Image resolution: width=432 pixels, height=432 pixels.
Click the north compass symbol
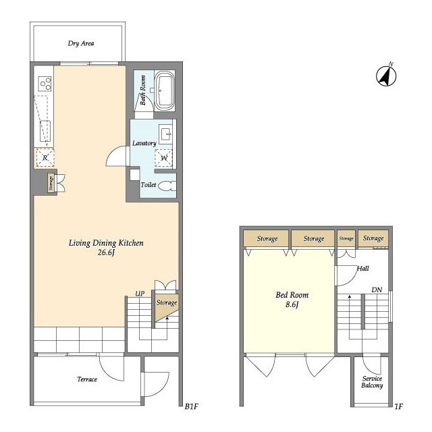(386, 76)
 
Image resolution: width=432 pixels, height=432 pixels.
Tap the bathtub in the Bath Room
(165, 91)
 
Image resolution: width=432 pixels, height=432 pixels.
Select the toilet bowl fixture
(167, 186)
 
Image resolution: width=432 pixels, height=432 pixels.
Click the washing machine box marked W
(163, 158)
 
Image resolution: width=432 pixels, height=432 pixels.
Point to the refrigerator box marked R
(45, 157)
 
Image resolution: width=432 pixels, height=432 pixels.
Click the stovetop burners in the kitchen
(45, 84)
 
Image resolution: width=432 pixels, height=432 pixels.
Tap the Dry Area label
(81, 43)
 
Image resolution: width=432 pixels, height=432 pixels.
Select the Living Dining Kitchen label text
(106, 243)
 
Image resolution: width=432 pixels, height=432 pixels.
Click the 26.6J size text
(106, 252)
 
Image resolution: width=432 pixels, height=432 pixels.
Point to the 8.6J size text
(292, 304)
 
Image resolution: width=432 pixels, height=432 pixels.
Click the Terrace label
(87, 379)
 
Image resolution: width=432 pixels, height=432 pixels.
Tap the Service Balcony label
(372, 382)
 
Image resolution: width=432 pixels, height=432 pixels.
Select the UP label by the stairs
(140, 294)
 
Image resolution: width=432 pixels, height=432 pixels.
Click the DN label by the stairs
(377, 290)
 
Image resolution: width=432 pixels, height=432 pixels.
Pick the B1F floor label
(192, 406)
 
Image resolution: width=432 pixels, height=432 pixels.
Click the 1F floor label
(398, 406)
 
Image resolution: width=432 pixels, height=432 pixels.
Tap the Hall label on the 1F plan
(363, 269)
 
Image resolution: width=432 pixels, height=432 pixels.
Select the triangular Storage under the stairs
(165, 306)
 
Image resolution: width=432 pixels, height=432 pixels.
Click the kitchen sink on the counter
(45, 131)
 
